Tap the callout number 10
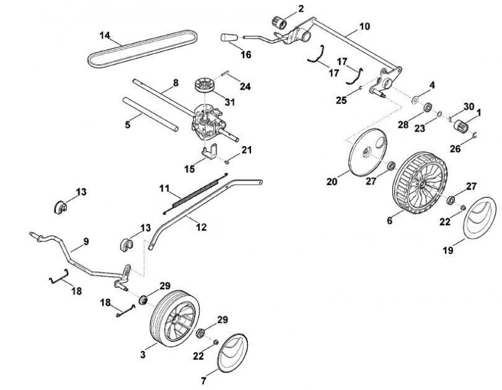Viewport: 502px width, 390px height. (365, 26)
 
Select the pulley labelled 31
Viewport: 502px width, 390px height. (206, 85)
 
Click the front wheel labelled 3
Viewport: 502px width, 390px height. (175, 319)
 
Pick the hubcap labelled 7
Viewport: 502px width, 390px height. (232, 353)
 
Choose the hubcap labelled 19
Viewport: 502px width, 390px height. (480, 218)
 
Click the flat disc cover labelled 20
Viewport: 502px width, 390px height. (368, 152)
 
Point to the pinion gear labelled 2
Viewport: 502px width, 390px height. (279, 22)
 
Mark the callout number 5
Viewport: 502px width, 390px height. (128, 124)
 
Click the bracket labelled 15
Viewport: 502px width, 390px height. (210, 152)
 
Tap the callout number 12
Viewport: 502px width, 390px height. (201, 227)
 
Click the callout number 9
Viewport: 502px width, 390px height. (86, 241)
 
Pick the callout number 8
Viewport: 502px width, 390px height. (176, 83)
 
